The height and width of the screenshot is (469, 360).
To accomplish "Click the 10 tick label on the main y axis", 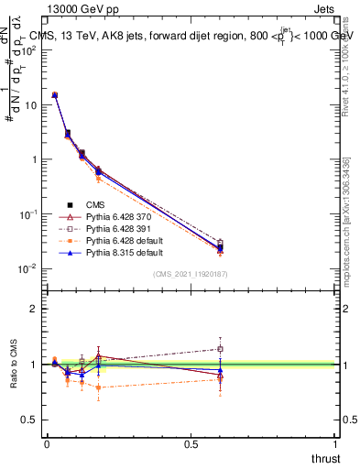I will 28,104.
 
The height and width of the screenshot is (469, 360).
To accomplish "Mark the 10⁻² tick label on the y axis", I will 27,268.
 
